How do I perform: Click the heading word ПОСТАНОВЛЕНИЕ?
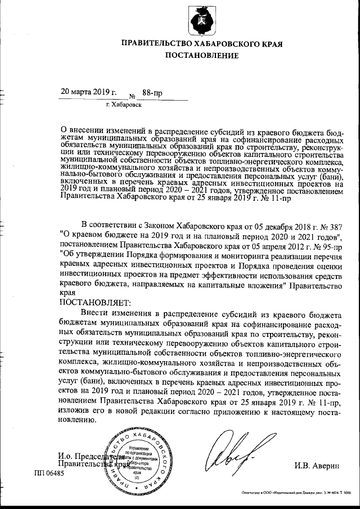point(201,55)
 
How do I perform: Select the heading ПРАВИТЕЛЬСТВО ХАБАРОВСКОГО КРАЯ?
point(201,43)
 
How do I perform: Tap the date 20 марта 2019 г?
point(88,92)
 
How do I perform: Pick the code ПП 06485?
point(49,474)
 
